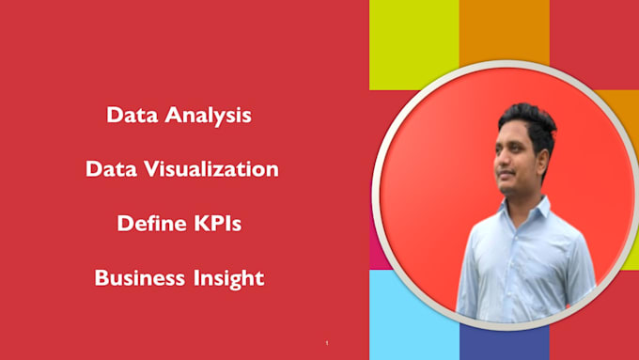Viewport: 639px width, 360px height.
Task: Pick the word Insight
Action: [x=230, y=279]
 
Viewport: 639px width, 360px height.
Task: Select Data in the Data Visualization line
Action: [x=109, y=170]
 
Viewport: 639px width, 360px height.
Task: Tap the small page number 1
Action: [x=326, y=343]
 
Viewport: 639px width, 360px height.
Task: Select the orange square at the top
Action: [x=504, y=38]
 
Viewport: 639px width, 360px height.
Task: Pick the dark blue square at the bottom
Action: [x=504, y=343]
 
